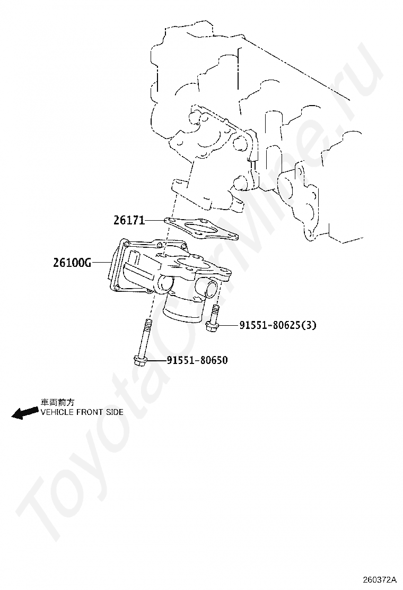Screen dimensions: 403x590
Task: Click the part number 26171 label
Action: [129, 220]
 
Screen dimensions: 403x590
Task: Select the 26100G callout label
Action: [72, 262]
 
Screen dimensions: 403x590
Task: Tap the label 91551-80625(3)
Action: [277, 325]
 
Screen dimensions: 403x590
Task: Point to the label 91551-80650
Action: [197, 360]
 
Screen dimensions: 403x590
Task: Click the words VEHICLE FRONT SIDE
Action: [82, 412]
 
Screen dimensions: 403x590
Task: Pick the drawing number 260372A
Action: [380, 579]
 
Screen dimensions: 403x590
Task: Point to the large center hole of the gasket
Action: [199, 229]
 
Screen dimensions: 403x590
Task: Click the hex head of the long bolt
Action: [141, 361]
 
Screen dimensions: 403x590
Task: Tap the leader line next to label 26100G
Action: [100, 262]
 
